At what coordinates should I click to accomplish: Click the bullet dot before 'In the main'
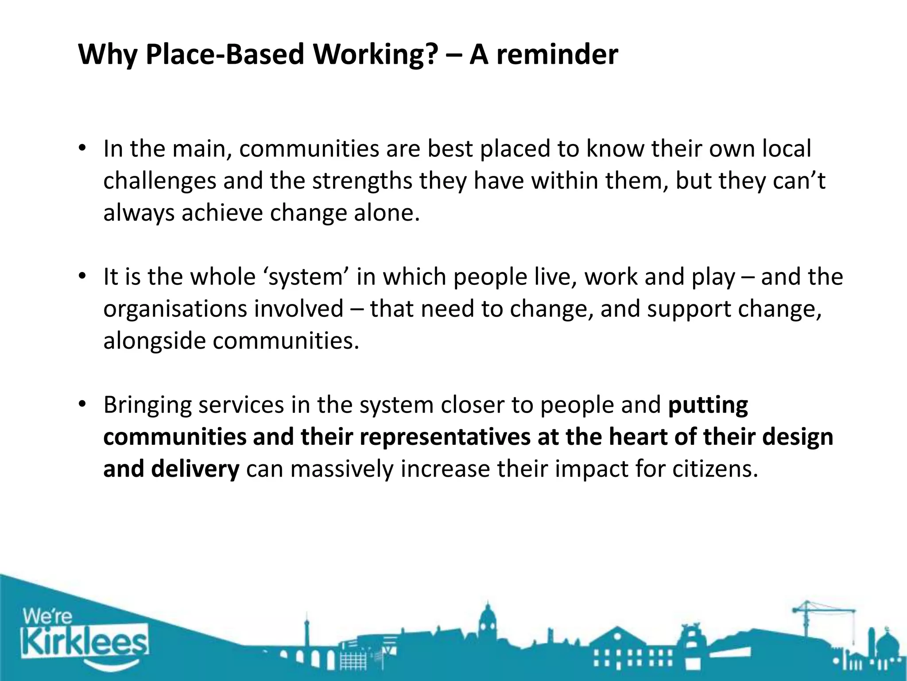[x=81, y=148]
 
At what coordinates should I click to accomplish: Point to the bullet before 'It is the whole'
[x=81, y=276]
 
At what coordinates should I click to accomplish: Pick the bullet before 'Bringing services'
[x=81, y=404]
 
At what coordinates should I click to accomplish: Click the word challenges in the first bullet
[x=159, y=181]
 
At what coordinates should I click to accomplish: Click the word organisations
[x=178, y=309]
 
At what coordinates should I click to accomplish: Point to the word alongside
[x=154, y=341]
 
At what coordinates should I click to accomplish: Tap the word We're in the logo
[x=47, y=617]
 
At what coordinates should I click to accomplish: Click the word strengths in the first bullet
[x=362, y=181]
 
